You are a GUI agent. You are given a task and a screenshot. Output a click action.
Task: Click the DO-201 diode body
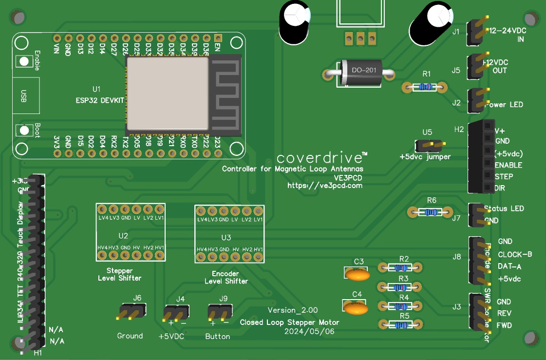click(360, 74)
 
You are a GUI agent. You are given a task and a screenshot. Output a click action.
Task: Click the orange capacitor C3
click(359, 274)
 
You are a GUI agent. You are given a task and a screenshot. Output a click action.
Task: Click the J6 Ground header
click(131, 311)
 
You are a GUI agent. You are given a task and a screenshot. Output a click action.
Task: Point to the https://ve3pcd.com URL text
click(325, 186)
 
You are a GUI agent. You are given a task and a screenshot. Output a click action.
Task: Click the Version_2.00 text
click(293, 310)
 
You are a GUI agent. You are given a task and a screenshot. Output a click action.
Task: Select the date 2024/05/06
click(309, 331)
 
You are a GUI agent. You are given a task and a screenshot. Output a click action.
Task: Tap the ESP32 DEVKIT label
click(100, 100)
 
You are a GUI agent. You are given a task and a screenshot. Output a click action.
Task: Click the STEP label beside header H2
click(504, 176)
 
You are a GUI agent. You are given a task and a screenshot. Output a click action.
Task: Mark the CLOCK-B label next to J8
click(515, 254)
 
